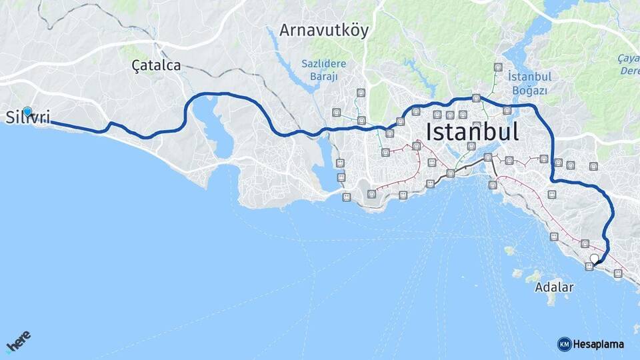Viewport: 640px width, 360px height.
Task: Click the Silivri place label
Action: point(28,119)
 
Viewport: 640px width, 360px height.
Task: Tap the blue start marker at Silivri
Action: point(27,111)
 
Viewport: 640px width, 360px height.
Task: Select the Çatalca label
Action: point(156,65)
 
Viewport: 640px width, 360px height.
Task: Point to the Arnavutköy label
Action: point(323,30)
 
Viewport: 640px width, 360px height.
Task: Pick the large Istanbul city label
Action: point(472,131)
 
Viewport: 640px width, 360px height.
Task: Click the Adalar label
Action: point(553,288)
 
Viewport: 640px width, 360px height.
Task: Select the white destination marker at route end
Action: point(594,258)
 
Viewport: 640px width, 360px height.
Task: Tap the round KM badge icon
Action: point(564,344)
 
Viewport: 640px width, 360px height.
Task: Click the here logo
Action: point(18,341)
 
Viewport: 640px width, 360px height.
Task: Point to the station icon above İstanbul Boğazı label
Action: point(498,67)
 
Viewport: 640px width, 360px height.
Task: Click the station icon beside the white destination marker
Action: point(589,267)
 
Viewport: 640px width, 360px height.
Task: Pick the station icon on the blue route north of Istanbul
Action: point(476,98)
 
